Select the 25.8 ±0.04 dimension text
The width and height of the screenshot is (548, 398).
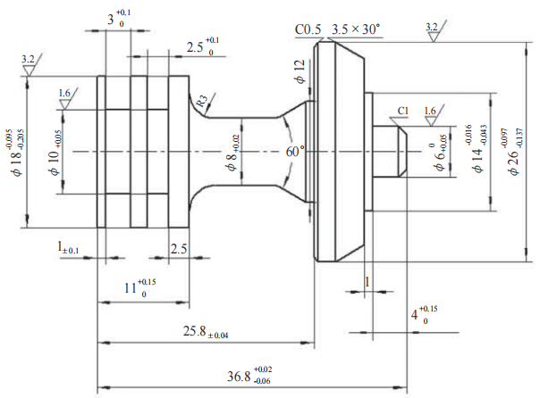(x=205, y=332)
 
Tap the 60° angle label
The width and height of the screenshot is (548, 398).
(x=296, y=152)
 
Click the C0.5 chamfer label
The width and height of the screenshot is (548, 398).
(x=308, y=29)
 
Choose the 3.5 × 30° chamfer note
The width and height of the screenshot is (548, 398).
(x=355, y=29)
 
